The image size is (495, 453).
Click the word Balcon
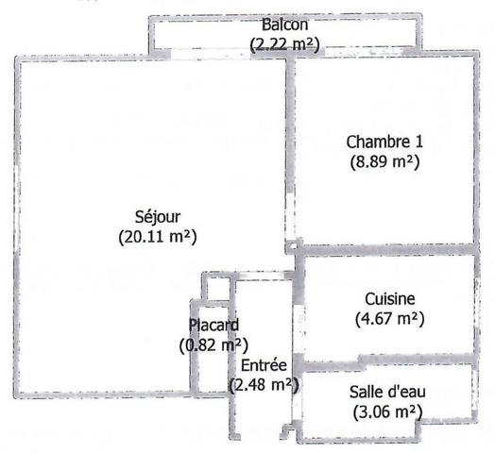(x=284, y=25)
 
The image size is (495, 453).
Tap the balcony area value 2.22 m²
(x=284, y=44)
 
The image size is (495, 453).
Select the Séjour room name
(x=158, y=217)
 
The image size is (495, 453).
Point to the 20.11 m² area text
(x=158, y=237)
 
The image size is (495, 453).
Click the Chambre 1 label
(x=384, y=142)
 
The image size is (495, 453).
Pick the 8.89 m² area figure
(x=384, y=161)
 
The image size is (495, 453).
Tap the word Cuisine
(x=390, y=299)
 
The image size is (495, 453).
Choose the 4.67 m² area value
(x=390, y=319)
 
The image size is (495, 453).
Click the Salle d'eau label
(x=387, y=392)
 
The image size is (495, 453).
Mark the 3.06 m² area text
(x=387, y=411)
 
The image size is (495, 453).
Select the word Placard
(x=213, y=325)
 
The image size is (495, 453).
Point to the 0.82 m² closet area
(x=213, y=345)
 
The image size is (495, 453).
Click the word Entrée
(x=264, y=365)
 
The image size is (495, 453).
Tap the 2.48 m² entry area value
(x=264, y=385)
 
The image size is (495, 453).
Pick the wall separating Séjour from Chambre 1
(x=291, y=126)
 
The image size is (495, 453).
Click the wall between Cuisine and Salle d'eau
(x=386, y=362)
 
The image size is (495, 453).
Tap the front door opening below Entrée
(x=261, y=437)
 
